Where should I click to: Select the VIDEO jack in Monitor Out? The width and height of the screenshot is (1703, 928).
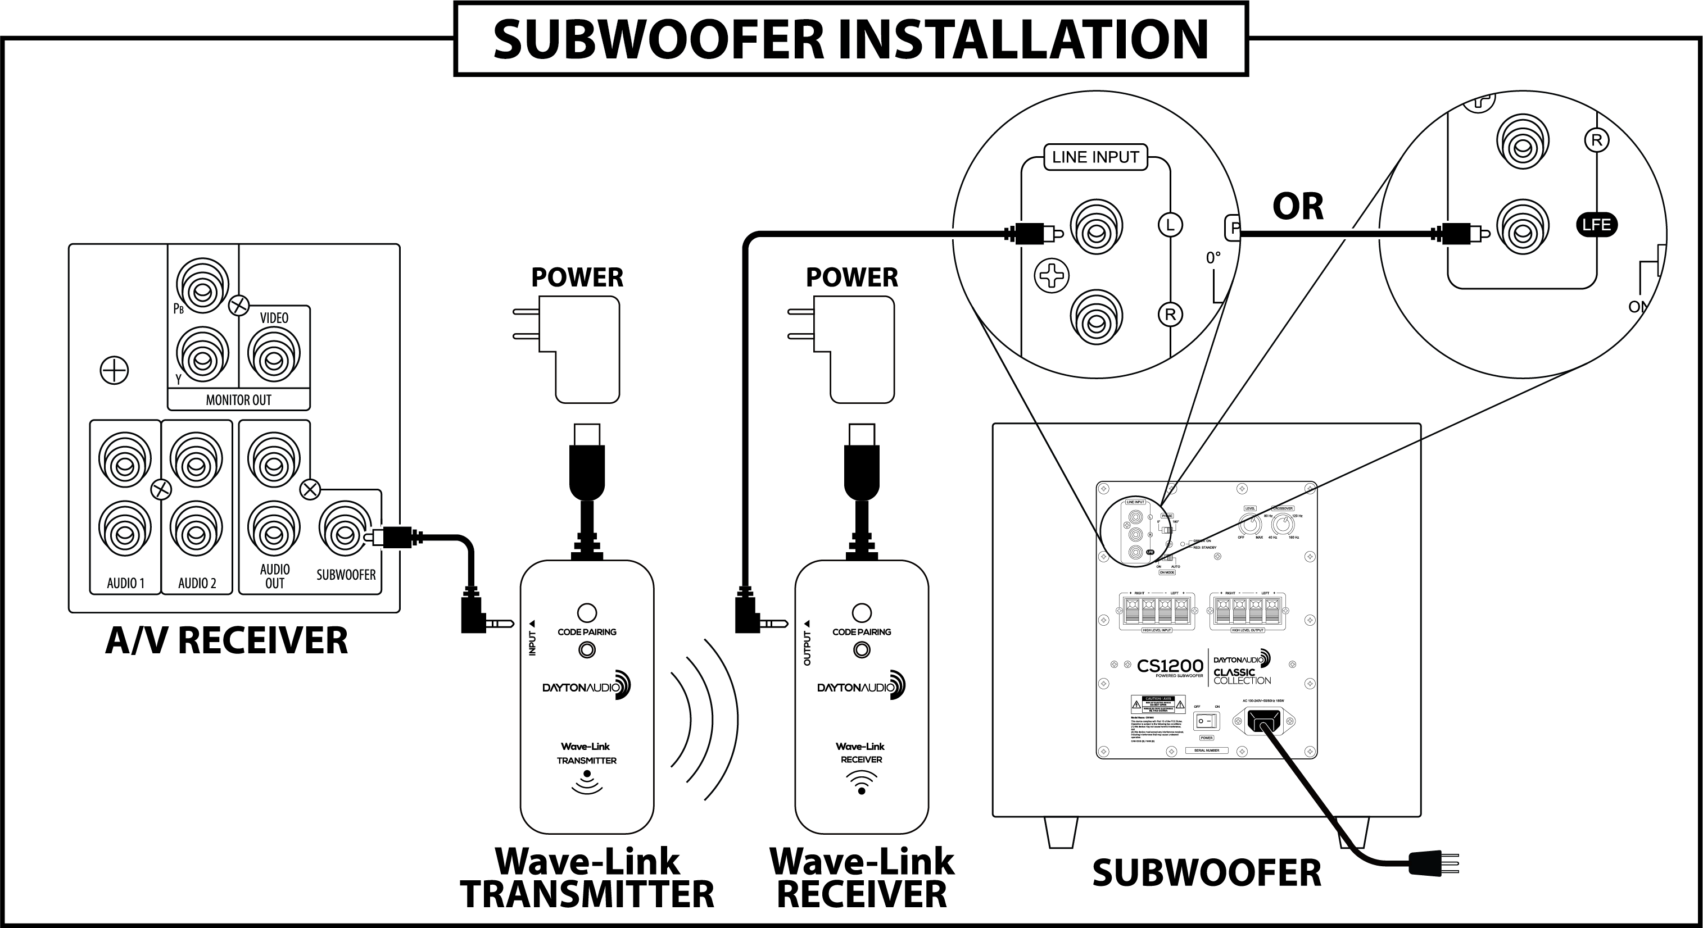coord(274,355)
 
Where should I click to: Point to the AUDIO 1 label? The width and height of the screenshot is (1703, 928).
coord(125,583)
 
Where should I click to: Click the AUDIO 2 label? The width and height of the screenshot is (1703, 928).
coord(197,583)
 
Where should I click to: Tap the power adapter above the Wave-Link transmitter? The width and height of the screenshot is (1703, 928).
coord(579,348)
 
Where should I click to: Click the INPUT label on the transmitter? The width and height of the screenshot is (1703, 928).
coord(532,643)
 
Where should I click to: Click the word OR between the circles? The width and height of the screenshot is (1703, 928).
coord(1298,207)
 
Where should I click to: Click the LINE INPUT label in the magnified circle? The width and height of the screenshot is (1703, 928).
coord(1095,157)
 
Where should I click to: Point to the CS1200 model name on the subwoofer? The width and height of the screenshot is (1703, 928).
coord(1170,666)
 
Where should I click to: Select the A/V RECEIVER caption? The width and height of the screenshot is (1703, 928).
coord(226,640)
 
